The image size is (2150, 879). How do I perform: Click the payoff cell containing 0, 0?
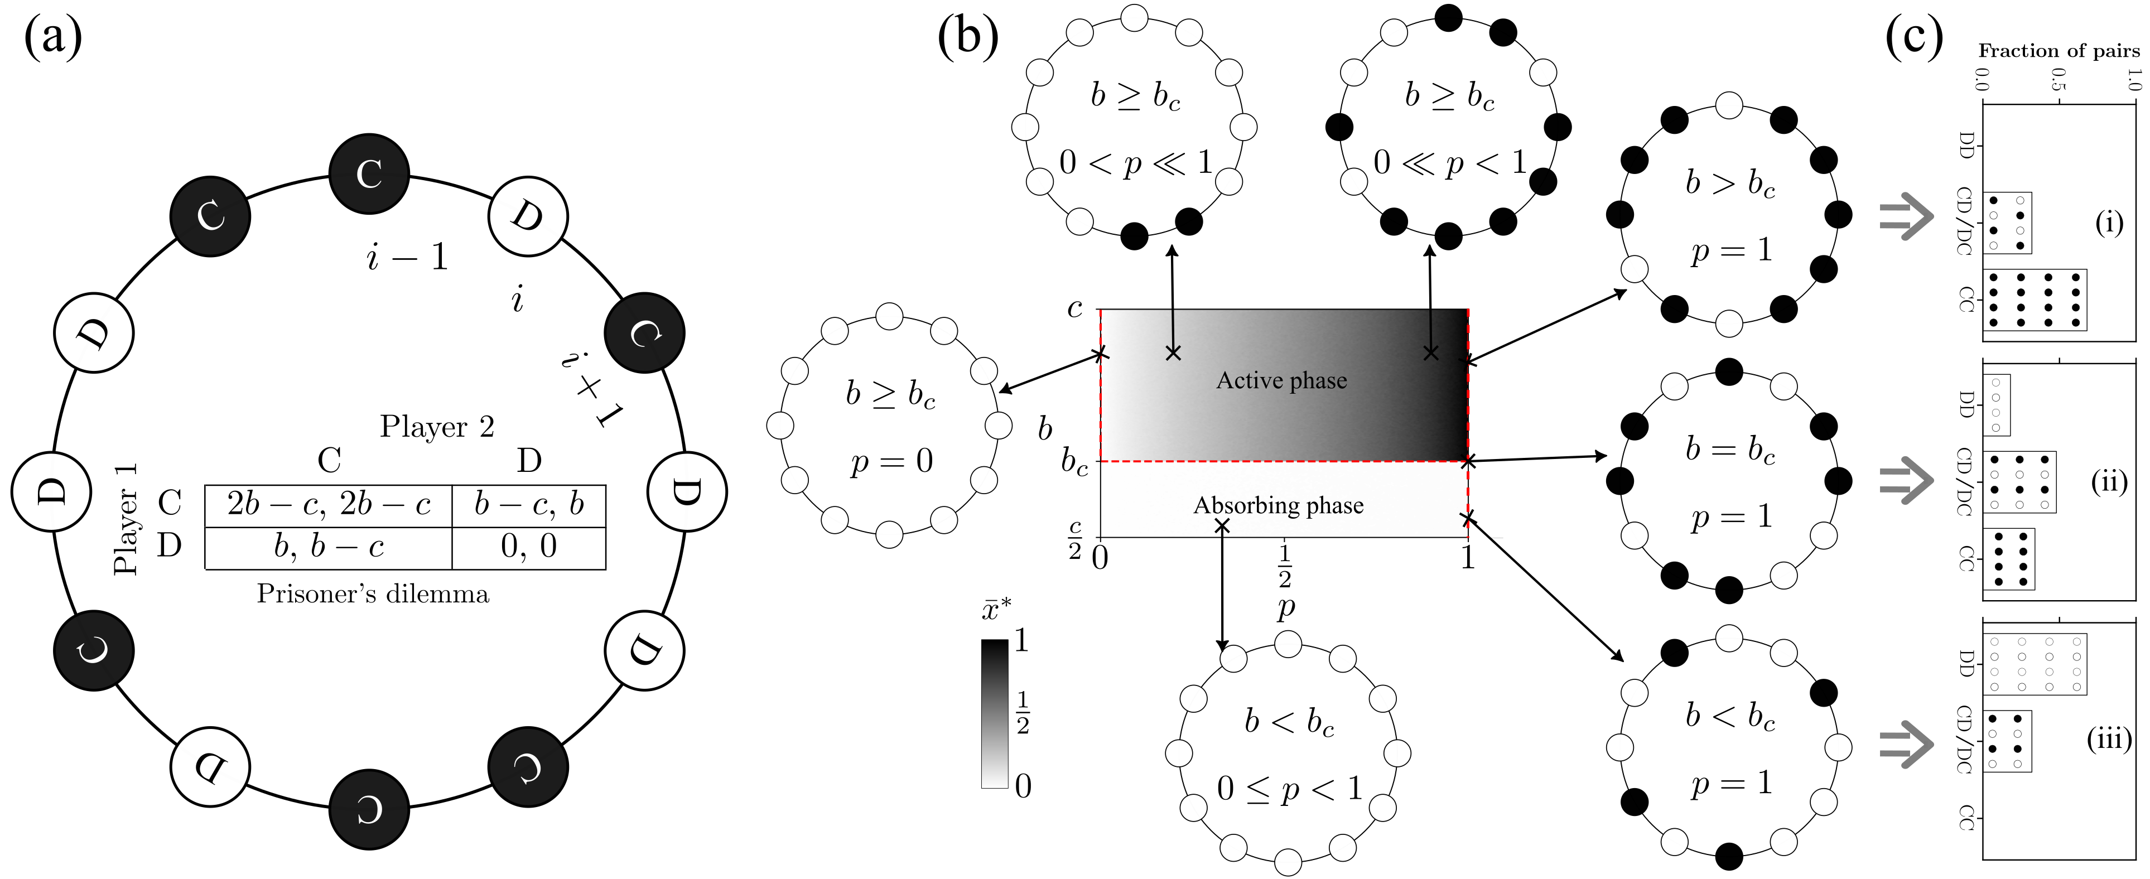[528, 547]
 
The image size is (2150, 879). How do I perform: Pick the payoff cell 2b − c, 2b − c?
[328, 504]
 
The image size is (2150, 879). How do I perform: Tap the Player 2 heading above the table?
[436, 427]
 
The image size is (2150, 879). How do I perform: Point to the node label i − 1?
[407, 257]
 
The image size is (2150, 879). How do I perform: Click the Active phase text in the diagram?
[1281, 380]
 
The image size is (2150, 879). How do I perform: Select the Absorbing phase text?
[1278, 506]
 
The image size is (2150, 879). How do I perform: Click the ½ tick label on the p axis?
[1285, 566]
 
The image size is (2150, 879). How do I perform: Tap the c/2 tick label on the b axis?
[1075, 539]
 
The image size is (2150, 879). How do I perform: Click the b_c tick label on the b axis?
[1074, 462]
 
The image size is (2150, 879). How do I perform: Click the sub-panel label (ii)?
[2108, 482]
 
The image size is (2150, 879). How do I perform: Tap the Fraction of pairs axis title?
[2058, 51]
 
